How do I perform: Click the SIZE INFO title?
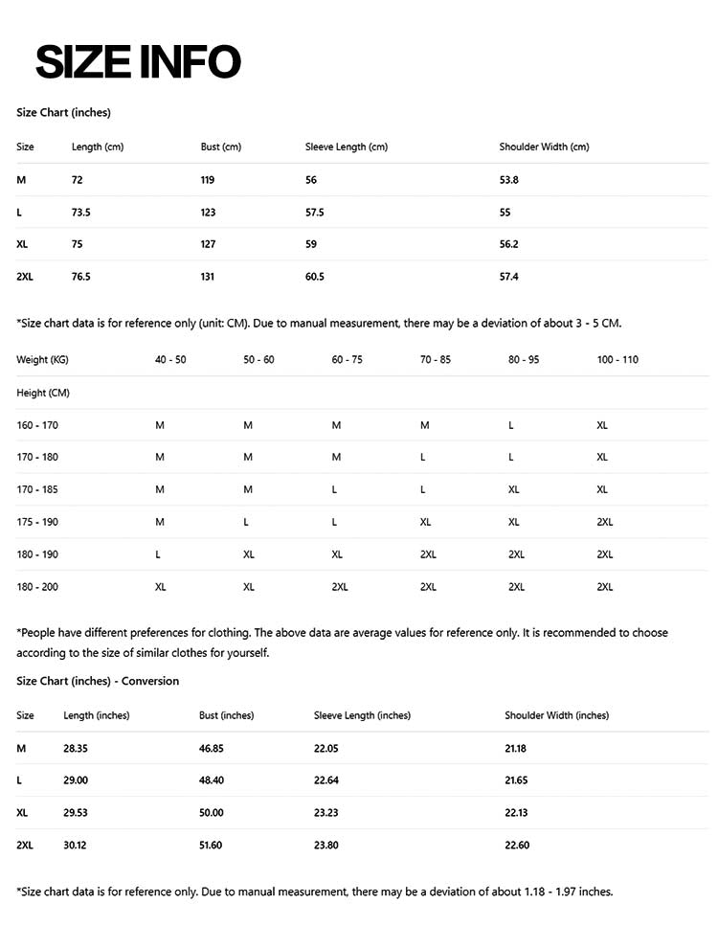point(138,61)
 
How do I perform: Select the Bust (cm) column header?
point(221,147)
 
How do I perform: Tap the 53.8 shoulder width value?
point(509,180)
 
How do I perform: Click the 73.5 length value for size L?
point(80,213)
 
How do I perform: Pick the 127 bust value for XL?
point(208,244)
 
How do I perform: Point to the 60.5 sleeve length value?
point(315,277)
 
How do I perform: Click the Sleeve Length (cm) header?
point(347,147)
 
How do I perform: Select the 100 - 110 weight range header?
point(617,359)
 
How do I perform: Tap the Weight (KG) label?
point(42,359)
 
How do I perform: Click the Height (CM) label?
point(43,393)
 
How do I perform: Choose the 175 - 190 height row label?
point(37,522)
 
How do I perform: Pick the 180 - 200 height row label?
point(37,587)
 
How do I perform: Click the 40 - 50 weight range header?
point(170,359)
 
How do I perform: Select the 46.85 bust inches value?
point(212,748)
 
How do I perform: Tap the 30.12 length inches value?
point(76,846)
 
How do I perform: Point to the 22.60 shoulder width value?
point(517,846)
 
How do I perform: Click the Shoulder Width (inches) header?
point(557,715)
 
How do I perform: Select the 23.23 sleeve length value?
point(326,813)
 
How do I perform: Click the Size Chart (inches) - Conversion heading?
point(98,681)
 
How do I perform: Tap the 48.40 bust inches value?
point(212,780)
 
